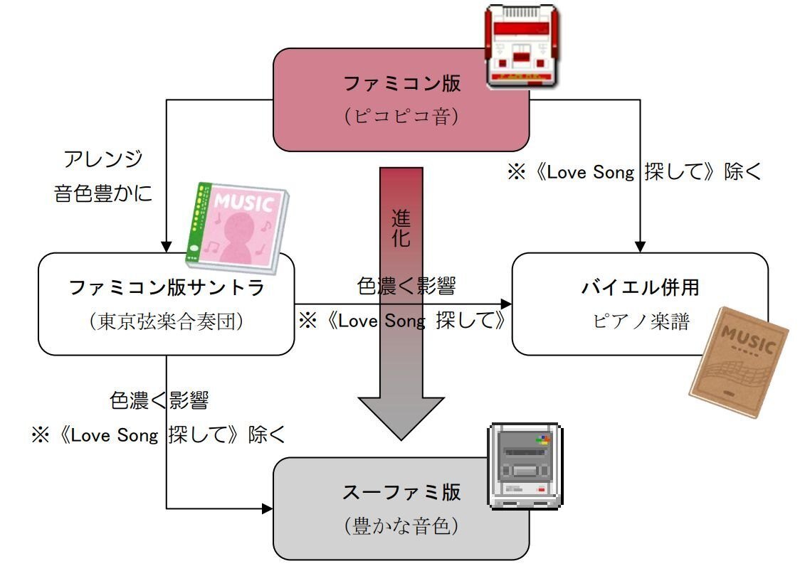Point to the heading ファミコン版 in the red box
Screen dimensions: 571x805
tap(402, 84)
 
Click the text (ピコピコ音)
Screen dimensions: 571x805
tap(402, 116)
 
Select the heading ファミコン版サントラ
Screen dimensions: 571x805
tap(167, 287)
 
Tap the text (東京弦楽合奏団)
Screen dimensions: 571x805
tap(167, 321)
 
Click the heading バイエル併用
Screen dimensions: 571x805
tap(640, 287)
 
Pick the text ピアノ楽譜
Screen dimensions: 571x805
tap(641, 321)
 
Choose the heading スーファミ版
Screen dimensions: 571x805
tap(401, 492)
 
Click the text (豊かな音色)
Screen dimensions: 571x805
tap(401, 526)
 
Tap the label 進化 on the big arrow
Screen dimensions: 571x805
tap(401, 228)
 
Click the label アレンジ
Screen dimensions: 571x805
tap(103, 159)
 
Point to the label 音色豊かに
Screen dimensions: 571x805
tap(103, 193)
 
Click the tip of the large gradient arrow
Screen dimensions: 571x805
tap(401, 435)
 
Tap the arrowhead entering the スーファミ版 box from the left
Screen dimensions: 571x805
tap(268, 509)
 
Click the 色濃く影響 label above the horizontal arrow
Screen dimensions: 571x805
tap(406, 286)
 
